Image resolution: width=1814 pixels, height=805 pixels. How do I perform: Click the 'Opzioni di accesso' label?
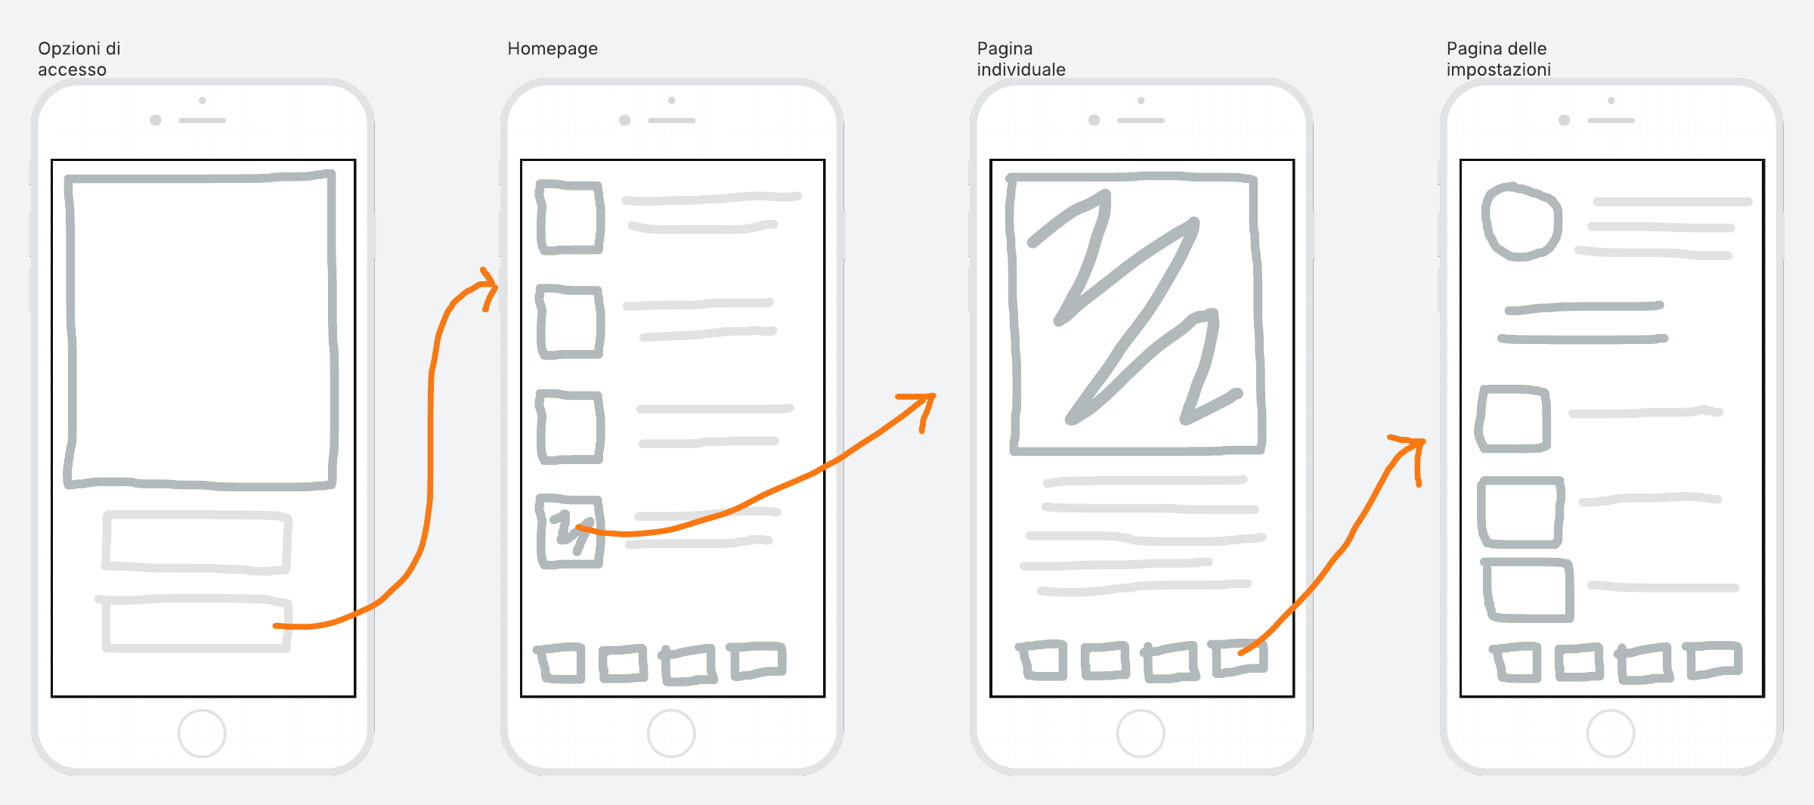79,59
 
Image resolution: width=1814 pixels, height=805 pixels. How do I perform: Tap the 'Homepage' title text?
553,49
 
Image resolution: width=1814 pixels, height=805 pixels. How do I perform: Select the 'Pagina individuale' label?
1021,59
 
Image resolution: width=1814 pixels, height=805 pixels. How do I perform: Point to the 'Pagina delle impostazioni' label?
1499,59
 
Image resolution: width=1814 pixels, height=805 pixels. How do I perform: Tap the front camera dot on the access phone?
156,120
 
